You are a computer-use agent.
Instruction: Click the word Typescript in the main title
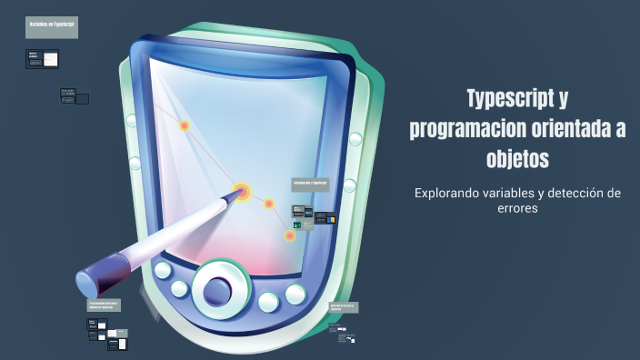(509, 99)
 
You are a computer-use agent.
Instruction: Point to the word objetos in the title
(518, 159)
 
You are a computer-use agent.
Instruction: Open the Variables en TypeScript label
(52, 28)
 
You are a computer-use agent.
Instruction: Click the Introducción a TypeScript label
(310, 183)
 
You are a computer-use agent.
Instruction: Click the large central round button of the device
(217, 289)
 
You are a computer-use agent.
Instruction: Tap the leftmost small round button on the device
(163, 270)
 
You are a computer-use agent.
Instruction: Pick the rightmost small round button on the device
(295, 294)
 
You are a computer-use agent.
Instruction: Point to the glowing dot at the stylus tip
(242, 192)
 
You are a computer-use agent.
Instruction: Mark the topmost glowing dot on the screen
(185, 126)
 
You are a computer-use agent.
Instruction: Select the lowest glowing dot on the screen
(290, 236)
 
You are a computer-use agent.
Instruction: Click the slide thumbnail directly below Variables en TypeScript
(43, 59)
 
